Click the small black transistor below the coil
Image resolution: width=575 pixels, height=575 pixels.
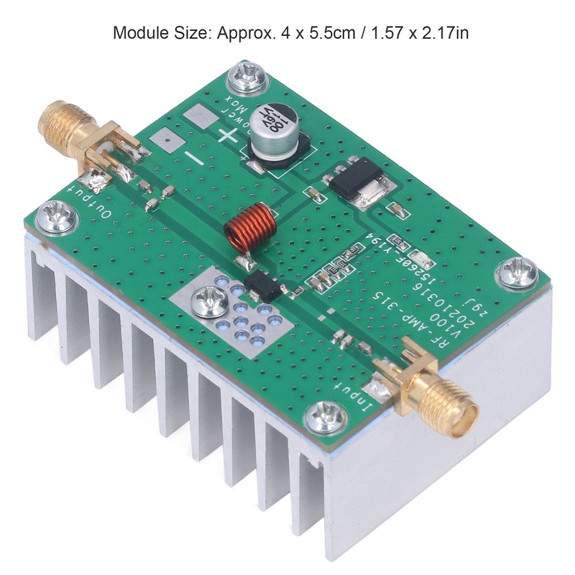tap(262, 286)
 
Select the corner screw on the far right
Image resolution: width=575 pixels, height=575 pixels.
tap(518, 271)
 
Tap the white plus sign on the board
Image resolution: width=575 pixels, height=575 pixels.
tap(229, 135)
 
